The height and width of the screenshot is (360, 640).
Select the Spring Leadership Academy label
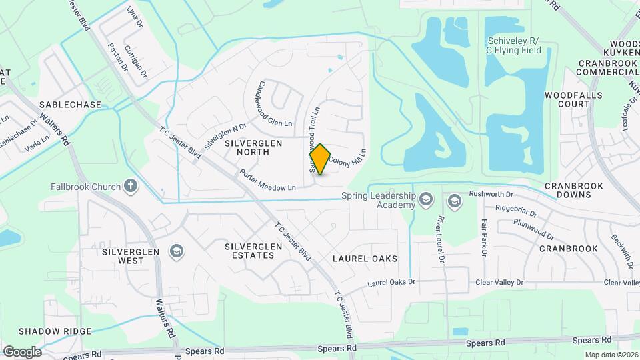coord(378,200)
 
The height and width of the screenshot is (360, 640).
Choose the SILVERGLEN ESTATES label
coord(253,251)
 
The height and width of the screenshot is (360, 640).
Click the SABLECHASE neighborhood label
coord(70,105)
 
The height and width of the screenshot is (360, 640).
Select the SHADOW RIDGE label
coord(49,331)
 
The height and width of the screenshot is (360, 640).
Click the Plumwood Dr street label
coord(534,230)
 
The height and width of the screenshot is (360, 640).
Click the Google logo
coord(22,351)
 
